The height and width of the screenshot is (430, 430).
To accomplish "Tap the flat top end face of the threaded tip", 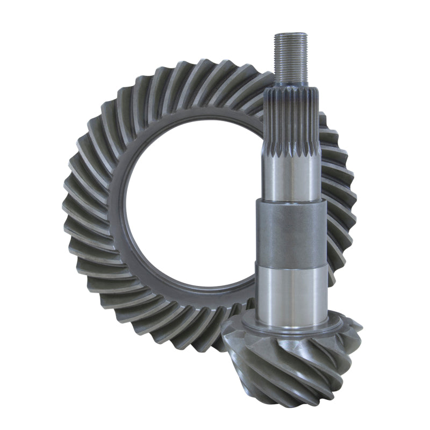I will pos(290,34).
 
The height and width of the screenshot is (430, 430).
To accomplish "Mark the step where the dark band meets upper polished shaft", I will pos(291,200).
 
